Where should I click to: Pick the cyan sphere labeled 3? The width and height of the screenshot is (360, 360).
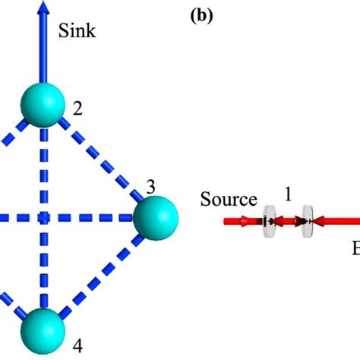pos(156,219)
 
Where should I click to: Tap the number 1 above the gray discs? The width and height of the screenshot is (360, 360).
pos(288,194)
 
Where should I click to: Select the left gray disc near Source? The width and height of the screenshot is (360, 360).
pos(267,222)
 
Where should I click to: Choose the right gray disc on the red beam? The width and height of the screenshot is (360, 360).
pos(307,222)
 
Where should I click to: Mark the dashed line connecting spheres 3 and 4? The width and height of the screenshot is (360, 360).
pos(99,275)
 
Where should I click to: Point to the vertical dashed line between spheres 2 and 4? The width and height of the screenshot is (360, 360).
pos(43,220)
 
